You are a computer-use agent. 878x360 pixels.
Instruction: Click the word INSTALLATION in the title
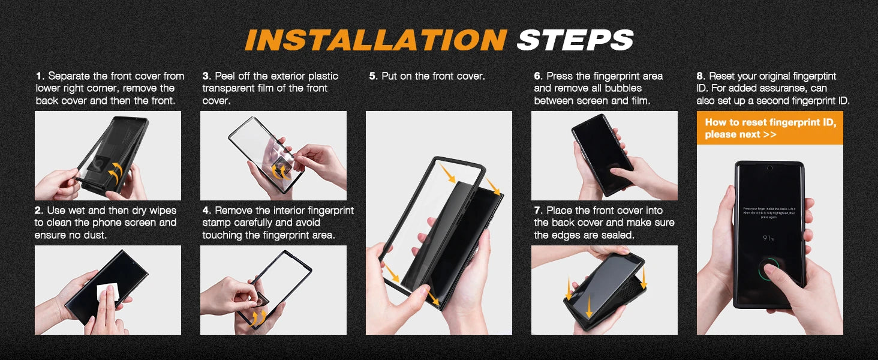(375, 40)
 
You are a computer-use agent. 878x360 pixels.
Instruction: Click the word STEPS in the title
(575, 40)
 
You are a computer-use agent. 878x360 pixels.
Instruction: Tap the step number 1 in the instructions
(38, 76)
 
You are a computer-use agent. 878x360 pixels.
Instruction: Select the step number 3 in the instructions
(206, 76)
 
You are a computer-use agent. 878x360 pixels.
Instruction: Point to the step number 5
(372, 76)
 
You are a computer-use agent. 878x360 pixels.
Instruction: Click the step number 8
(700, 76)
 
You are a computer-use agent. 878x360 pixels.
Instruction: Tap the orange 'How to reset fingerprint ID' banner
(769, 128)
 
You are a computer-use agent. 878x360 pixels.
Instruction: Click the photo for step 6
(604, 155)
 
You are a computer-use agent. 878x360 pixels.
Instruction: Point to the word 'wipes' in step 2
(161, 211)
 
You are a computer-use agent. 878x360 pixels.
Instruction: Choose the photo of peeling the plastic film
(273, 155)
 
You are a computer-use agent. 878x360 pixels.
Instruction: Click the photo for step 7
(604, 290)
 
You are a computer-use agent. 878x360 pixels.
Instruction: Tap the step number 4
(206, 211)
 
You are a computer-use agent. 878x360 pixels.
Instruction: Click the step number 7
(537, 211)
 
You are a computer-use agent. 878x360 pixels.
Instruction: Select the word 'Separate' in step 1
(69, 76)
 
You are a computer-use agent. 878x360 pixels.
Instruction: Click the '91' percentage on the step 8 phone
(768, 238)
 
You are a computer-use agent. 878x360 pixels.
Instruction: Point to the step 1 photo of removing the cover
(107, 155)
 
